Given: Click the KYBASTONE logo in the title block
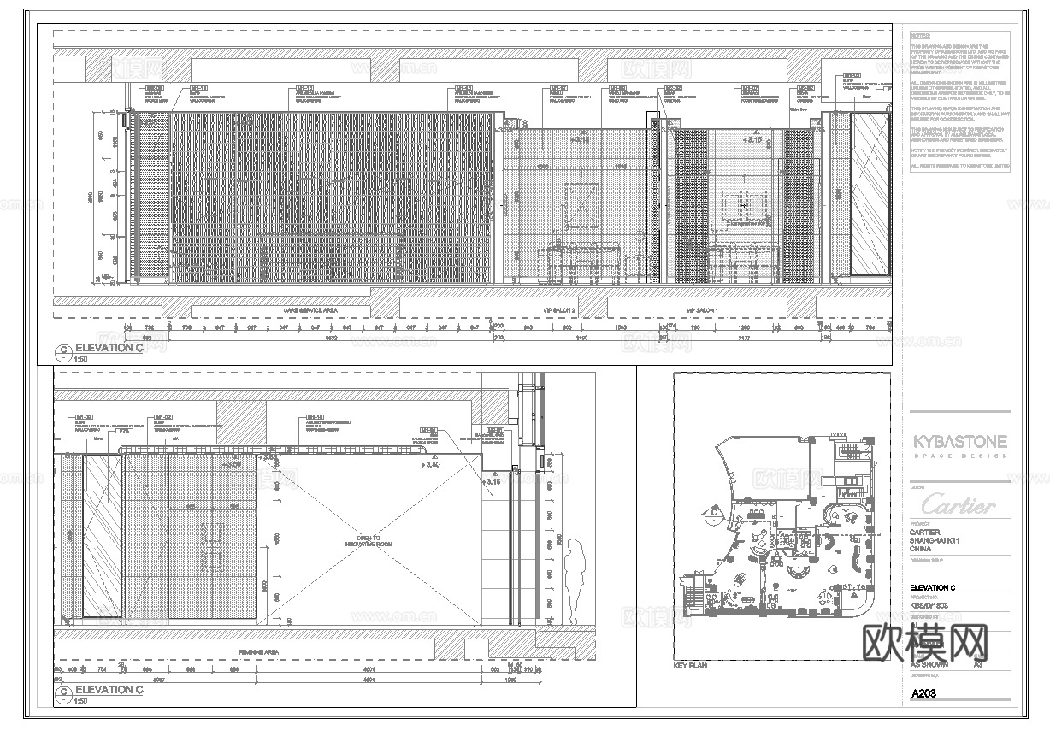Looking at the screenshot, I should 959,442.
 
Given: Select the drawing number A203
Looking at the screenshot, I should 924,693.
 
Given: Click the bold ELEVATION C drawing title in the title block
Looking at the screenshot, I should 932,588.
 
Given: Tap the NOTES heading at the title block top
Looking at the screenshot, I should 918,36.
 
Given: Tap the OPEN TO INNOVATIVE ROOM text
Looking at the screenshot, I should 368,541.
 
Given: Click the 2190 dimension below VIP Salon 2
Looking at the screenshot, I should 581,339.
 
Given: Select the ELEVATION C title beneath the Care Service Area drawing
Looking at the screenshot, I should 104,348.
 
